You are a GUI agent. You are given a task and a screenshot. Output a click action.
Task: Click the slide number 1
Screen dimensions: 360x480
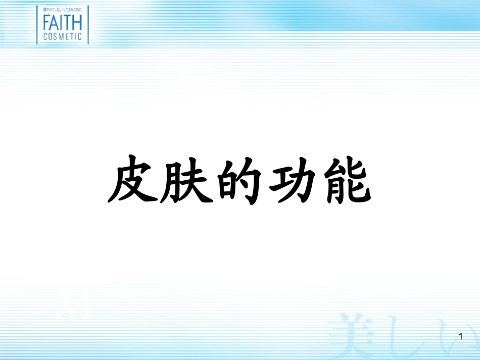[461, 335]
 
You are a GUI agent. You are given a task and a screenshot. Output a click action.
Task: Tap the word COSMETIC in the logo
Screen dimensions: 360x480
[62, 36]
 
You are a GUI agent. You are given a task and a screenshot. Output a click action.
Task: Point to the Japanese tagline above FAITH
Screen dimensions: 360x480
[62, 10]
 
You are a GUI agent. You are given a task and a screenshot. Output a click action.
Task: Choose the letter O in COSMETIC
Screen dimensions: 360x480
[51, 36]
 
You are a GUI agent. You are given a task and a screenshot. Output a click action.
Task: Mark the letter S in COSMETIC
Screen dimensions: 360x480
[57, 36]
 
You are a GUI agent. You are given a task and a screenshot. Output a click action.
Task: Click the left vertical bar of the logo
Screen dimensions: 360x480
[37, 24]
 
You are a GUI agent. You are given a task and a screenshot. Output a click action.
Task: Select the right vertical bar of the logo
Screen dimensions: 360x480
[87, 24]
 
